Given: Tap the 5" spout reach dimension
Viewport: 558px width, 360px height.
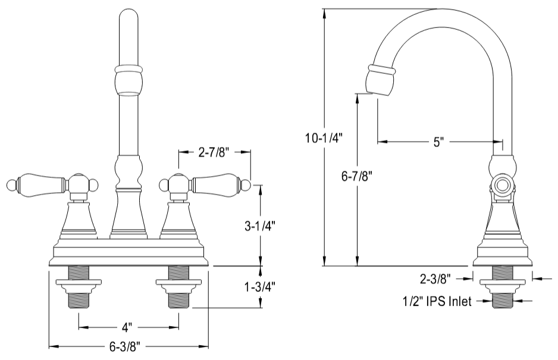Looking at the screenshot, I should [x=439, y=142].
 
